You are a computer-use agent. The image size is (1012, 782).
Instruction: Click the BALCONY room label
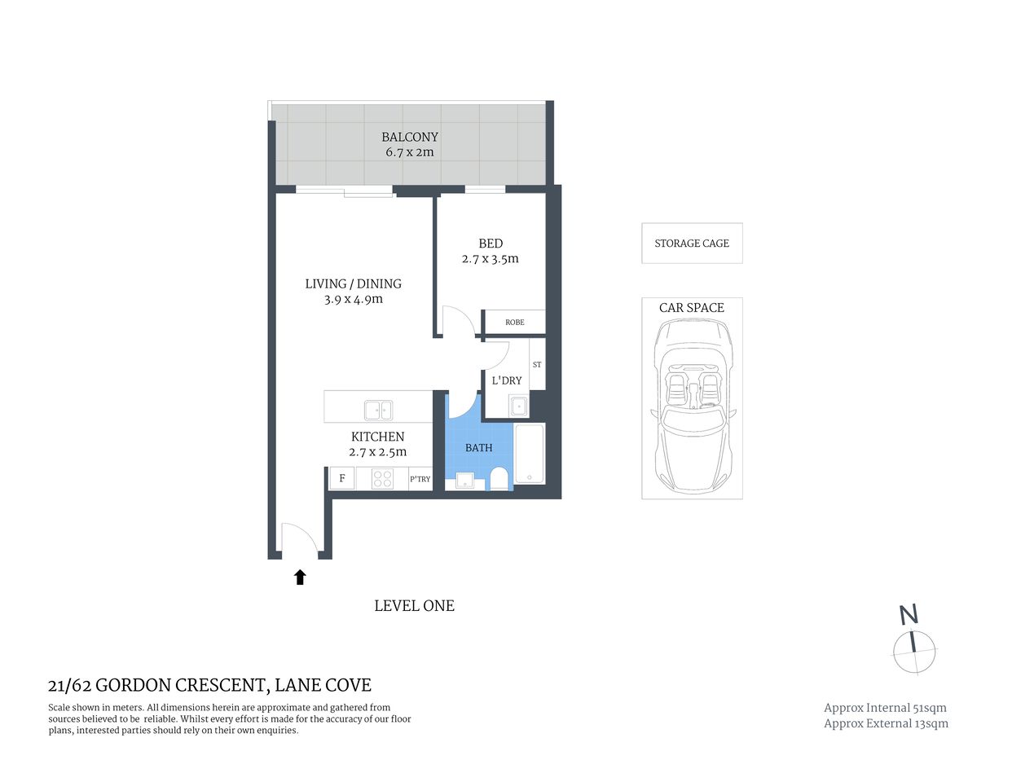[410, 137]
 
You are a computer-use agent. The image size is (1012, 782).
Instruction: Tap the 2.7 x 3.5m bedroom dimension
[490, 259]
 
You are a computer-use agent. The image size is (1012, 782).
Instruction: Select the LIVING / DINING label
[353, 283]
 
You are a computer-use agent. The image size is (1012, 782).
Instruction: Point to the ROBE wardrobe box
[514, 323]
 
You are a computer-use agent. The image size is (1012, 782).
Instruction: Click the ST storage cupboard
[537, 365]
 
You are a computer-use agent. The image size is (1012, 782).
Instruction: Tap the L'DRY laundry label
[506, 380]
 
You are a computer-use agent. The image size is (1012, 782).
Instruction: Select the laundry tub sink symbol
[519, 405]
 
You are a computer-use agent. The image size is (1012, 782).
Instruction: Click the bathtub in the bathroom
[530, 454]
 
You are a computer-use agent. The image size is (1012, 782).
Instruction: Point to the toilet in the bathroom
[499, 478]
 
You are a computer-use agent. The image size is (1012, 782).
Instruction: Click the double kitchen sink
[378, 410]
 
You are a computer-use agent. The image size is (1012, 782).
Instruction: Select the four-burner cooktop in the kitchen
[382, 479]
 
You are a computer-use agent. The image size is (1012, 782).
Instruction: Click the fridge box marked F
[342, 479]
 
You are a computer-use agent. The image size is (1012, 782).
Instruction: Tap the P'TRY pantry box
[420, 479]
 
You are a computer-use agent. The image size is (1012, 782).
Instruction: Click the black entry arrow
[300, 578]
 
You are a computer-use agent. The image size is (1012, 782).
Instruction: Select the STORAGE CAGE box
[692, 244]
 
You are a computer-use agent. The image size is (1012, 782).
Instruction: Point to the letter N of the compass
[909, 615]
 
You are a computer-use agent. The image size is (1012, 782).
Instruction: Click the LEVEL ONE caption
[414, 606]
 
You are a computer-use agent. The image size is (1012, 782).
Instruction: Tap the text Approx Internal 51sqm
[885, 708]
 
